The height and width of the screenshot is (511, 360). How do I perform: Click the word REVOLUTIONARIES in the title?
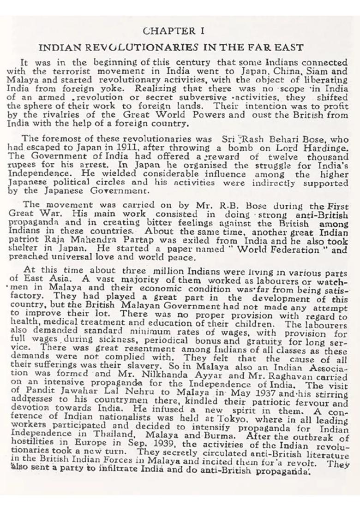pos(120,48)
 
